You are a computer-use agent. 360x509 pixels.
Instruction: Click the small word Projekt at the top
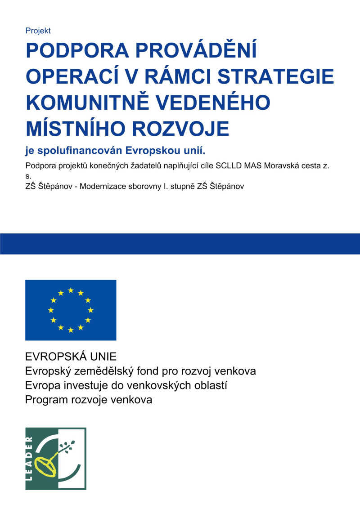(38, 31)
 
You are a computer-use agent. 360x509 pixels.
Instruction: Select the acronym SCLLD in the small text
(229, 165)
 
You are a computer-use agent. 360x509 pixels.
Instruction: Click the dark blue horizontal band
(180, 244)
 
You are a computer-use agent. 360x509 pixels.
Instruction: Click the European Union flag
(71, 310)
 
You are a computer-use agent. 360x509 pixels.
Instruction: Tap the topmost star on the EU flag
(71, 290)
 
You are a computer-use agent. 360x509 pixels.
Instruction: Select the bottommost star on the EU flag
(71, 330)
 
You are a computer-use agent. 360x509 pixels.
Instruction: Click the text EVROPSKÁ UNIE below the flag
(71, 357)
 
